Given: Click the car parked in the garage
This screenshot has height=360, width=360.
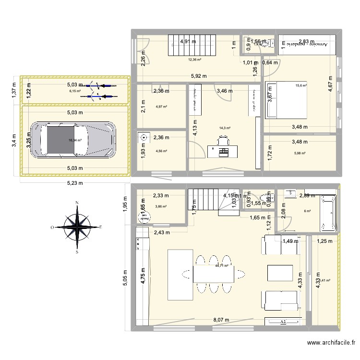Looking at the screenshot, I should (73, 140).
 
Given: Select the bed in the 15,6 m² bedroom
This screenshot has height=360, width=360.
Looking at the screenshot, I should (287, 100).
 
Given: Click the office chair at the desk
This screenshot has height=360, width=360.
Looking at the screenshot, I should (224, 140).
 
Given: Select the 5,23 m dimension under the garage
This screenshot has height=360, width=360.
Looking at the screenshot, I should (74, 182).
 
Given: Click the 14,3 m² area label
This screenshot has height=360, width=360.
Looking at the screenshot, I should (225, 128).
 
